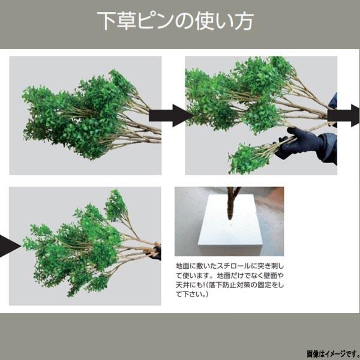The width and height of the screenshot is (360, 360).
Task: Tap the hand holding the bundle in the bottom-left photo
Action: (x=156, y=251)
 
